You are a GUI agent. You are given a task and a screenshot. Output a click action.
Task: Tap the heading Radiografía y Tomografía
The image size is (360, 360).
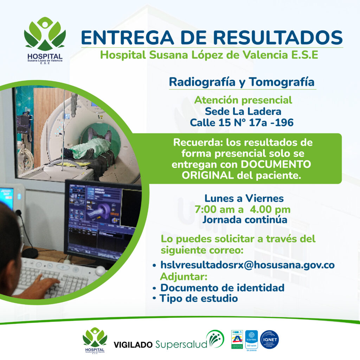pyautogui.click(x=242, y=82)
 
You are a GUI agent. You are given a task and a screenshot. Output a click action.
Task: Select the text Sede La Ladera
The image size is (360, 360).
pyautogui.click(x=243, y=112)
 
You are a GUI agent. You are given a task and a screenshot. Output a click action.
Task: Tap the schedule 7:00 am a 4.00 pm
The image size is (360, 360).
pyautogui.click(x=243, y=210)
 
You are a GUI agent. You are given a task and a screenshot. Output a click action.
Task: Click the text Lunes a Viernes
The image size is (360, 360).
pyautogui.click(x=244, y=199)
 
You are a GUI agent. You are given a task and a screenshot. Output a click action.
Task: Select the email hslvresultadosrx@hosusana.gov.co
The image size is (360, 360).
pyautogui.click(x=247, y=265)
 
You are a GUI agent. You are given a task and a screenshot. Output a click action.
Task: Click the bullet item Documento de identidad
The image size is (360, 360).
pyautogui.click(x=222, y=288)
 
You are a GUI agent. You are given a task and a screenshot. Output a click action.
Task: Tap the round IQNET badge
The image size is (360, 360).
pyautogui.click(x=270, y=340)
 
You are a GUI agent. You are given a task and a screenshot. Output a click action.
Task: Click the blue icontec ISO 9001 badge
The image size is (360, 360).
pyautogui.click(x=251, y=340)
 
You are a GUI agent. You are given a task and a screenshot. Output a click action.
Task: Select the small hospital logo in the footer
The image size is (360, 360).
pyautogui.click(x=95, y=340)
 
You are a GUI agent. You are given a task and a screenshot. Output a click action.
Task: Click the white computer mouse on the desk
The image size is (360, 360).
pyautogui.click(x=101, y=270)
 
